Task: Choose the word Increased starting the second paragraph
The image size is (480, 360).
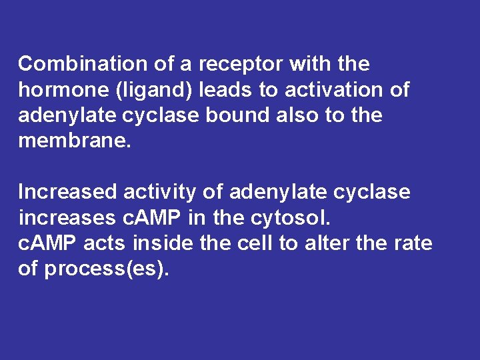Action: [x=67, y=192]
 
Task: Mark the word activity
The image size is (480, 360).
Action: [x=160, y=192]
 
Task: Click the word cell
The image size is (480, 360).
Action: [x=255, y=243]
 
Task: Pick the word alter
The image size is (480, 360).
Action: [x=325, y=243]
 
